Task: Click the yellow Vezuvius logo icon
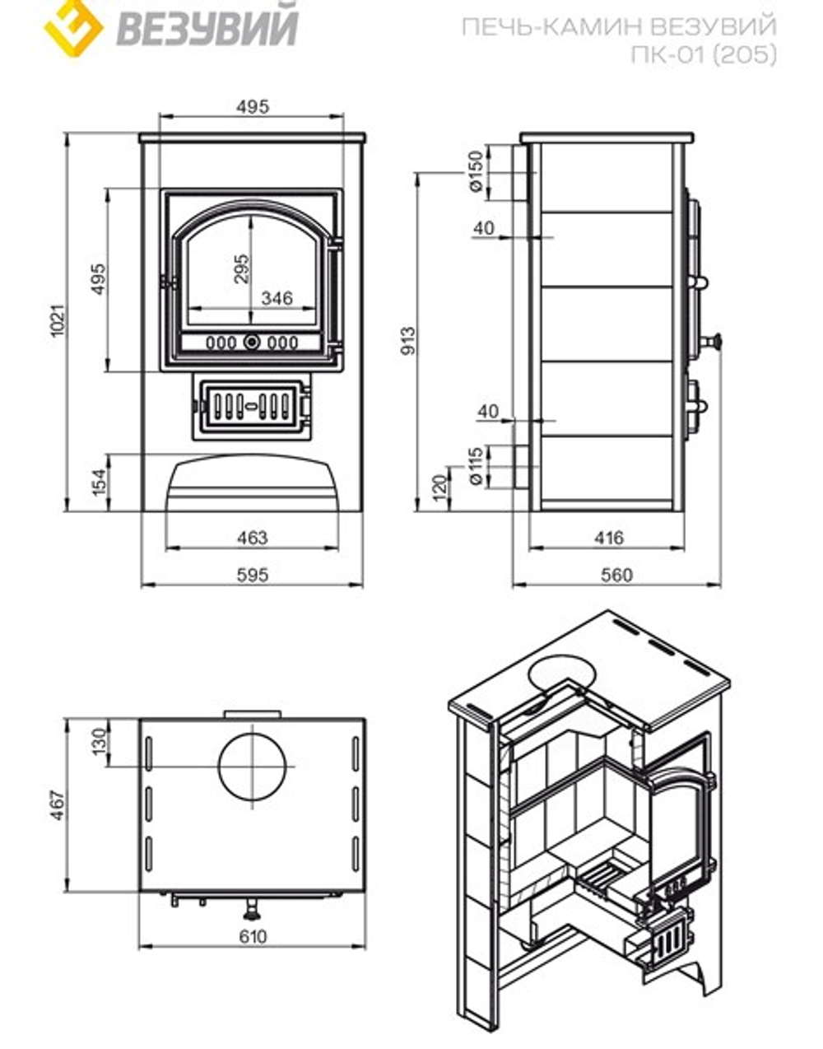coord(72,26)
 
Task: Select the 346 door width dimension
coord(277,298)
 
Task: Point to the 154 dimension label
coord(99,483)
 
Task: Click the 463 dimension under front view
coord(252,538)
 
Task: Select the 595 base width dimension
coord(252,575)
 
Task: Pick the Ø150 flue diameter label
coord(475,172)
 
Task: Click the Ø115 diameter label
coord(475,466)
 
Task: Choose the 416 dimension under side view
coord(608,538)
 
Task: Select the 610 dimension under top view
coord(253,937)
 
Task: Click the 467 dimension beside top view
coord(56,806)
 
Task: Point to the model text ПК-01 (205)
coord(703,54)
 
